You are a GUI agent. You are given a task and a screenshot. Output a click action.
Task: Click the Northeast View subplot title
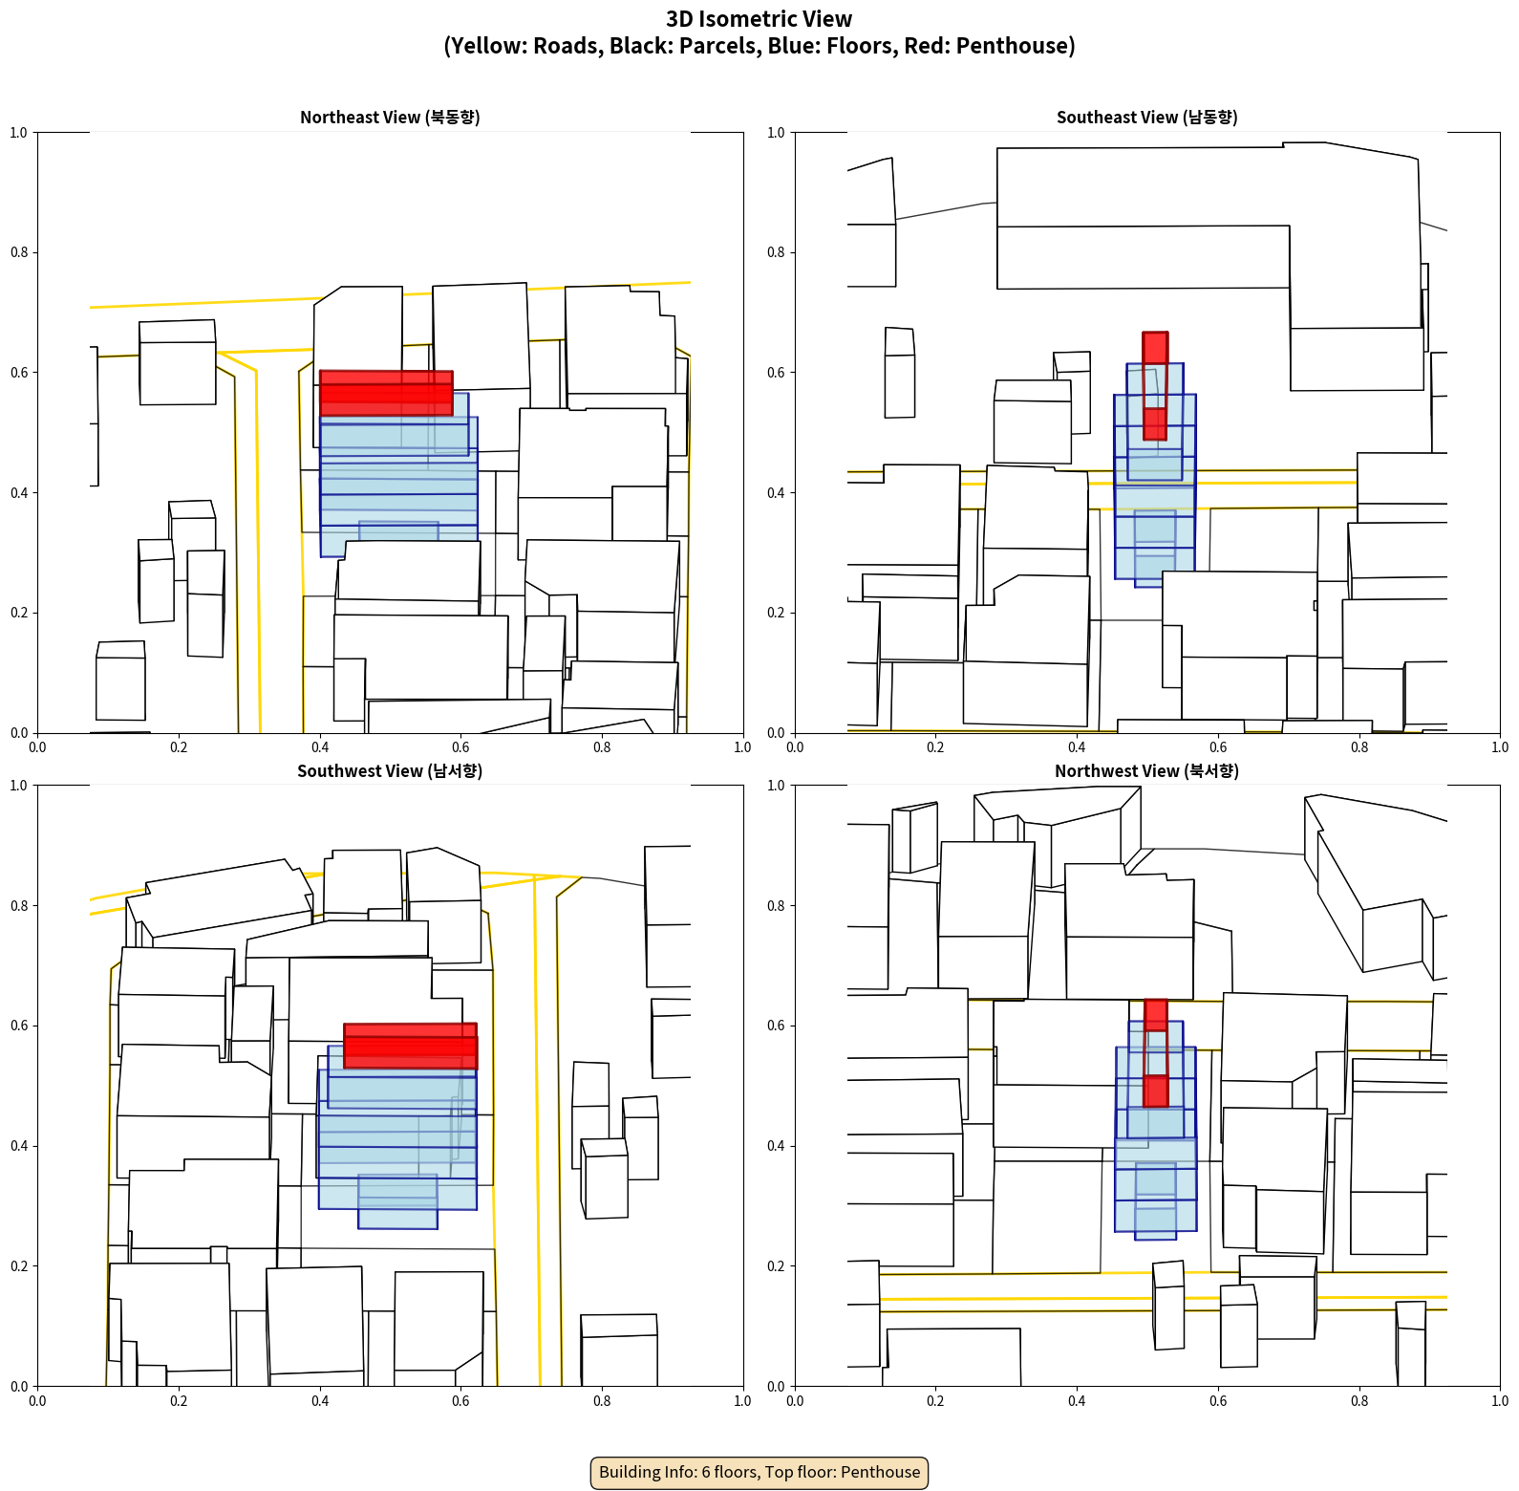click(x=390, y=118)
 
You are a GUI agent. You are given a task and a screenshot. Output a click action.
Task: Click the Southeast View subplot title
click(x=1146, y=118)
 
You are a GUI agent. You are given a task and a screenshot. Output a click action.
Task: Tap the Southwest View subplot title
click(x=390, y=771)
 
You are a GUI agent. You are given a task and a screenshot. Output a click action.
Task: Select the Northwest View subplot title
click(x=1146, y=771)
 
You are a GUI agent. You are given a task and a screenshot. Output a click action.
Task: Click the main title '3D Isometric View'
click(x=759, y=19)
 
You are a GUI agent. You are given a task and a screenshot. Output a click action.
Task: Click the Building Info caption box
click(x=759, y=1472)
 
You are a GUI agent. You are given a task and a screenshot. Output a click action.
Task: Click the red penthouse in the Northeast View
click(x=386, y=393)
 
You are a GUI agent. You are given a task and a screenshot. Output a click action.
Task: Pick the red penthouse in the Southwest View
click(x=410, y=1046)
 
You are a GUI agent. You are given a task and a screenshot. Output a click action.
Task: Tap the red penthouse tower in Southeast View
click(x=1155, y=386)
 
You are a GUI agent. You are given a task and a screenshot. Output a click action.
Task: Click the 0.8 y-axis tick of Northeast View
click(x=19, y=252)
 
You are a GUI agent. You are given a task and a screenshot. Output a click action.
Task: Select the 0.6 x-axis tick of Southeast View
click(x=1218, y=747)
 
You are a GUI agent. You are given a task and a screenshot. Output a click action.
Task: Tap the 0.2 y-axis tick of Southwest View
click(x=19, y=1265)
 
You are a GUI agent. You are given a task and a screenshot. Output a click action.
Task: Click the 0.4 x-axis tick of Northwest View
click(x=1077, y=1401)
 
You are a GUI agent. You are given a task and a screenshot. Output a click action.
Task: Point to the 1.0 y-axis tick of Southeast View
click(x=776, y=132)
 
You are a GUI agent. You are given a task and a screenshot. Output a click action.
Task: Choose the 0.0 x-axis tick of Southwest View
click(x=37, y=1401)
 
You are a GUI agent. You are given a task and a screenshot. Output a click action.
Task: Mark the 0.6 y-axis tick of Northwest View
click(x=776, y=1026)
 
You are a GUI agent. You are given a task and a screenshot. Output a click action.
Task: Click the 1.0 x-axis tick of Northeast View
click(x=742, y=747)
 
